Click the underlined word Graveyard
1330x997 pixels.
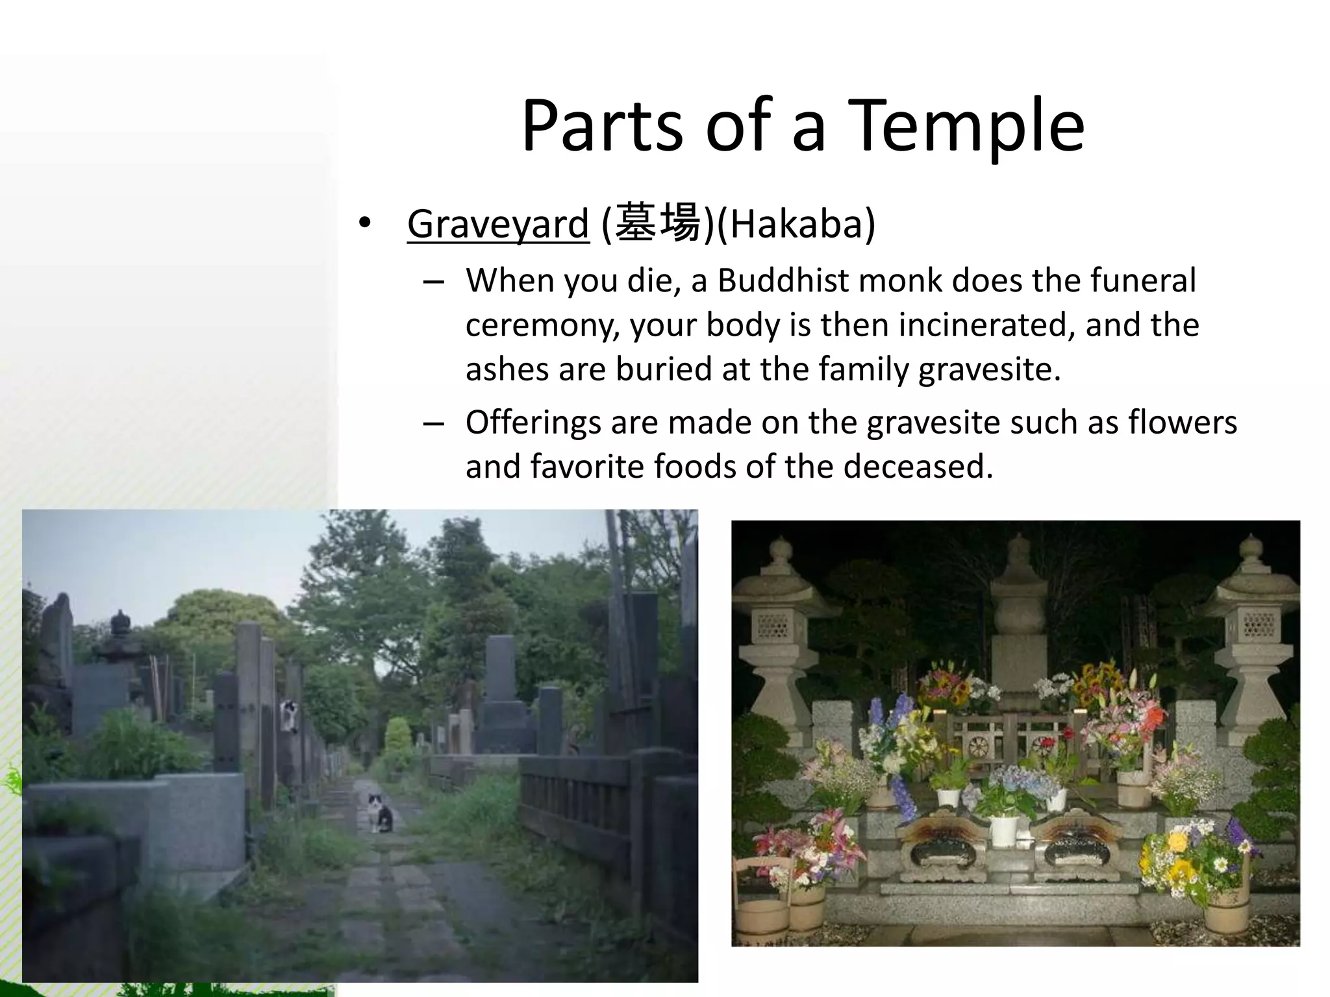[x=498, y=224]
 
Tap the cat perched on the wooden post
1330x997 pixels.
[x=290, y=715]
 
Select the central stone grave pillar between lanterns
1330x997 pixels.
[x=1018, y=617]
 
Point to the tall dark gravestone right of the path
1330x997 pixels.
[x=501, y=682]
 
